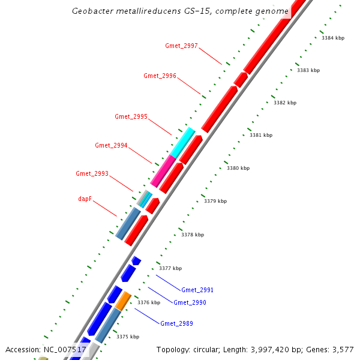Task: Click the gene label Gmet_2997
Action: pos(181,46)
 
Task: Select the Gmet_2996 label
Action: pos(160,76)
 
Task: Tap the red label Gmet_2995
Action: pos(131,116)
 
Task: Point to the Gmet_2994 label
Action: pos(111,145)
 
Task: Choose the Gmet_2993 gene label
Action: pos(92,173)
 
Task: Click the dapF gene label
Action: pos(84,198)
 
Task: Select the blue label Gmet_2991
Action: pos(197,290)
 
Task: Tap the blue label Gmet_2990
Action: pos(190,302)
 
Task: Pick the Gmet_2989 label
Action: pos(176,323)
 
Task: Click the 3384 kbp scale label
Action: pos(333,38)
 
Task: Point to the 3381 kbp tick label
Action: pos(261,135)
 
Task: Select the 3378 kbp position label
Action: pos(193,235)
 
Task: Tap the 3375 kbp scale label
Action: pos(128,337)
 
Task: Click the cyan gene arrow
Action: pos(183,142)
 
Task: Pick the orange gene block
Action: pos(123,301)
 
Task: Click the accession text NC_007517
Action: pos(65,349)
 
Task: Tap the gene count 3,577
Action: pos(341,349)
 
